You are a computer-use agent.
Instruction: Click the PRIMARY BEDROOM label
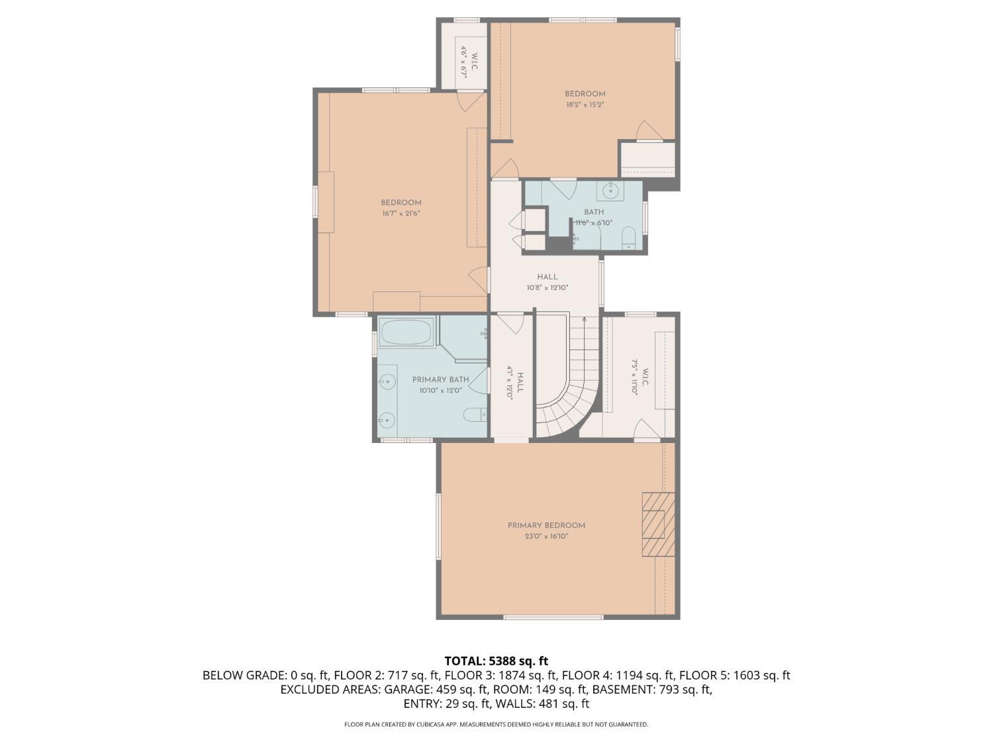(546, 525)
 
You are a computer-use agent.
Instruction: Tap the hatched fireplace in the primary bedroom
(658, 524)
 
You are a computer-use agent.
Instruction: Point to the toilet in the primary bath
(475, 415)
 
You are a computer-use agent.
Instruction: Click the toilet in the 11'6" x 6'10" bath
(629, 238)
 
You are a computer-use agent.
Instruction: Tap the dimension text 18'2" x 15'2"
(585, 105)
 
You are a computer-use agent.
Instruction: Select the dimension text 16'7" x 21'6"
(401, 213)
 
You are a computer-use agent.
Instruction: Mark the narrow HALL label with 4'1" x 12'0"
(515, 382)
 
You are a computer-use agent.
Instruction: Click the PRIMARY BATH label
(440, 379)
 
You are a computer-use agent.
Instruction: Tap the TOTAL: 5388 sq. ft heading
(496, 660)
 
